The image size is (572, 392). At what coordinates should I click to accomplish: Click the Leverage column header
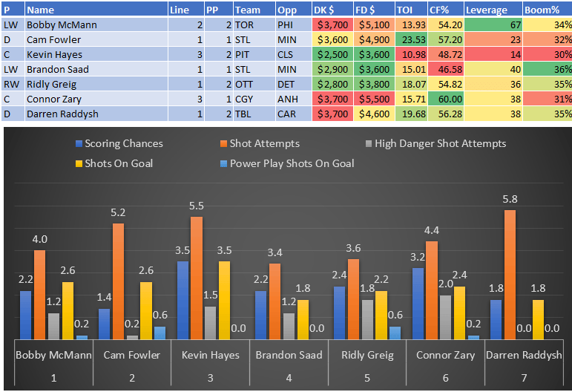tap(487, 10)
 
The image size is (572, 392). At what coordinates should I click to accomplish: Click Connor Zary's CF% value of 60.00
tap(445, 99)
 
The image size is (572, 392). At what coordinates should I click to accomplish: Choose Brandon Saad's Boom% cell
tap(548, 70)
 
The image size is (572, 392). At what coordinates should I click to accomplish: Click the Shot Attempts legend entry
tap(264, 143)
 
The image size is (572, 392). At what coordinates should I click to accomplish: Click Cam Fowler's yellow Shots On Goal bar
tap(146, 310)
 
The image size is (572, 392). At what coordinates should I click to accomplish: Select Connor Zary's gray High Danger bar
tap(444, 317)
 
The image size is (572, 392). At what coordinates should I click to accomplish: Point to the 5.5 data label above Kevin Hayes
tap(197, 204)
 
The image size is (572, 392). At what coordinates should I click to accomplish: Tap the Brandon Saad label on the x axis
tap(289, 355)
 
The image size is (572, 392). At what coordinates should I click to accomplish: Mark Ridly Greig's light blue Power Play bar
tap(395, 333)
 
